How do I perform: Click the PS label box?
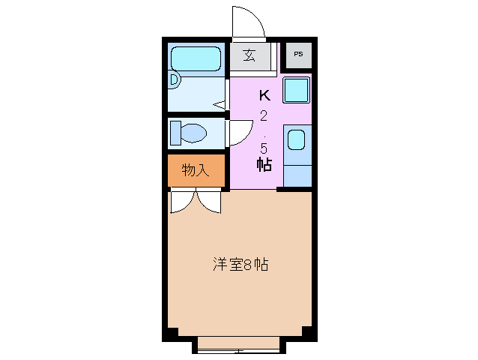(298, 54)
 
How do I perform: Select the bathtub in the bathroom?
(195, 58)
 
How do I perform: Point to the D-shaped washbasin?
(174, 78)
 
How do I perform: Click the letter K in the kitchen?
(264, 95)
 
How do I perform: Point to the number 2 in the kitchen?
(264, 115)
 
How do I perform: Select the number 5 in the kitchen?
(264, 147)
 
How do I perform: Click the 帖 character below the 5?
(264, 166)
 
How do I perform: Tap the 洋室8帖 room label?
(240, 265)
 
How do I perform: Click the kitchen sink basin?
(297, 140)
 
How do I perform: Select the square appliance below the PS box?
(297, 91)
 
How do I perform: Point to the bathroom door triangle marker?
(220, 105)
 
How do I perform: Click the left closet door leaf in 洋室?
(182, 201)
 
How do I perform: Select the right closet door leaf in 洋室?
(208, 201)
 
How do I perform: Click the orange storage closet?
(195, 169)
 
